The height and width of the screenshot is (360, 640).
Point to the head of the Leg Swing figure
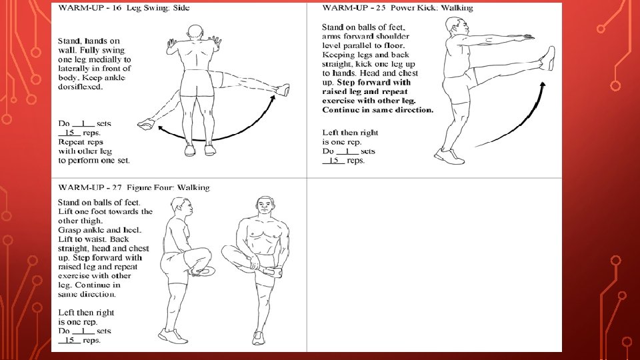(x=195, y=33)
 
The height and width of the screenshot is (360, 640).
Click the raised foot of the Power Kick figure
(x=548, y=58)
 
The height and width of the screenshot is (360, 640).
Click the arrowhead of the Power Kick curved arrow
(x=543, y=85)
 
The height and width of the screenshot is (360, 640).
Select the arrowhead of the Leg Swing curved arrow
(x=273, y=98)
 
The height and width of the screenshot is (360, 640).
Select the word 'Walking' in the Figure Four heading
(x=193, y=187)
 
